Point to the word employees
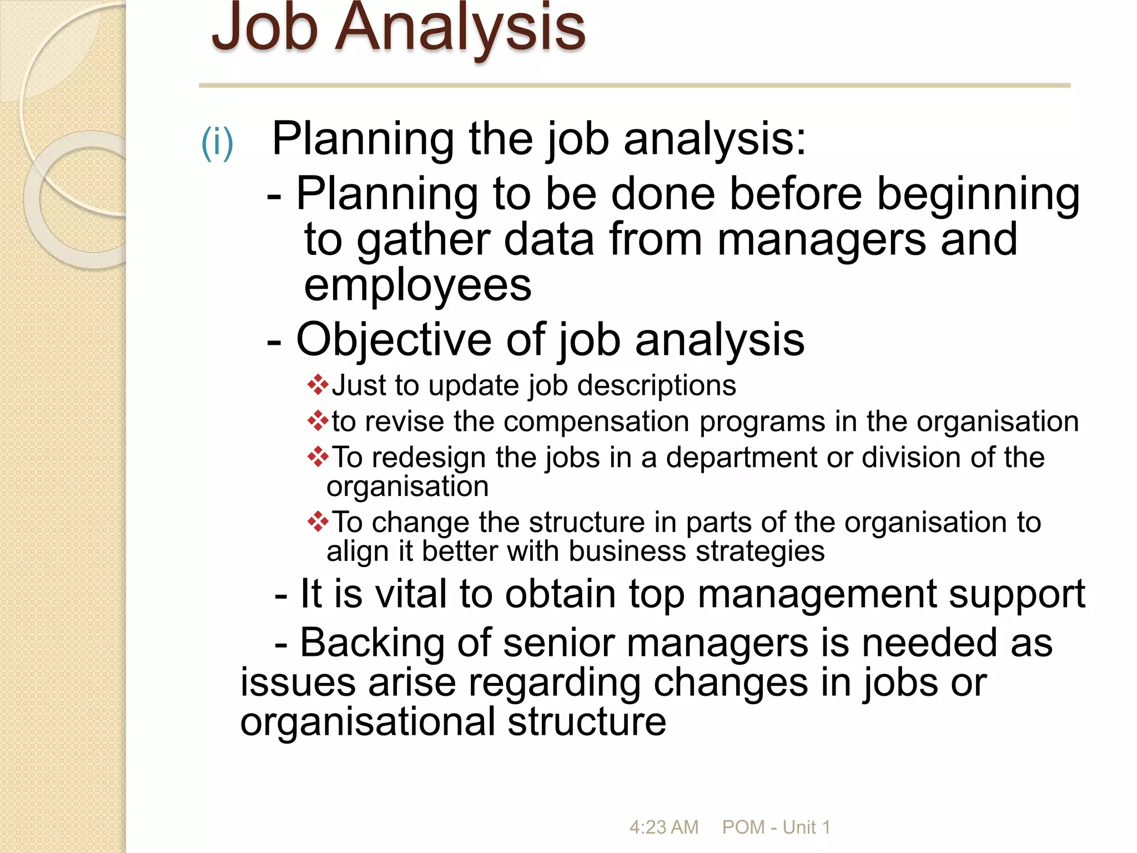tap(417, 286)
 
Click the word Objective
tap(394, 339)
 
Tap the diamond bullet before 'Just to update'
tap(318, 385)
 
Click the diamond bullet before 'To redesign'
tap(318, 456)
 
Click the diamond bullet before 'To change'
tap(318, 521)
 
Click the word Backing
tap(372, 643)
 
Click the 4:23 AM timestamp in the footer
tap(663, 827)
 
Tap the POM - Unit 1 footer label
tap(776, 827)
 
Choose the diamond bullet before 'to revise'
tap(318, 421)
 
